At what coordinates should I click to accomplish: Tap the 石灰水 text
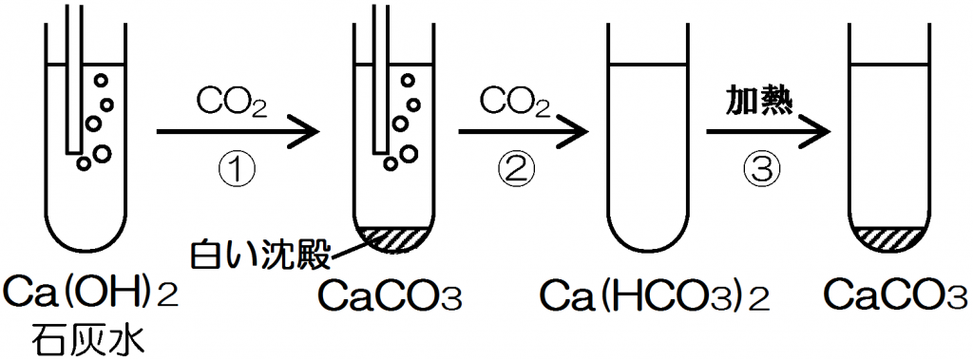click(90, 337)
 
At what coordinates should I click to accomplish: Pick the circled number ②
click(516, 168)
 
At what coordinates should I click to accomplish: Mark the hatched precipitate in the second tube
click(394, 239)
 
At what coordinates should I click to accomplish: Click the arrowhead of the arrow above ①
click(305, 132)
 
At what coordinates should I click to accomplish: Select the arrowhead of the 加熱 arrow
click(815, 132)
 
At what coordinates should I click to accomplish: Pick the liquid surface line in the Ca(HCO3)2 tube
click(646, 63)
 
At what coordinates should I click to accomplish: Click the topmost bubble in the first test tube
click(101, 82)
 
